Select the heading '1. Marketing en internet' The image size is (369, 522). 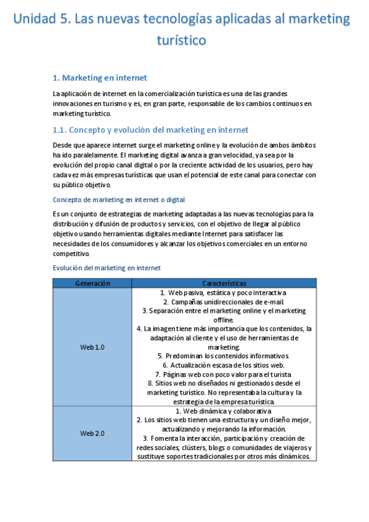click(x=100, y=78)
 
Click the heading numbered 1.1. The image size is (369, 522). click(x=151, y=130)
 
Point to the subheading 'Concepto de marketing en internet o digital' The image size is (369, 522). click(x=119, y=200)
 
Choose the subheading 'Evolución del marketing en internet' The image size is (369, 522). click(x=107, y=268)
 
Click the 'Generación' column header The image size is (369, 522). click(x=92, y=283)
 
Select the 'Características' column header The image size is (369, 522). click(x=224, y=283)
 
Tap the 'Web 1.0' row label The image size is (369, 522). click(x=92, y=347)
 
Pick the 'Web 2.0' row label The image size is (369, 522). click(x=92, y=433)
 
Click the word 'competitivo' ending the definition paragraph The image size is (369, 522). click(x=71, y=254)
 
